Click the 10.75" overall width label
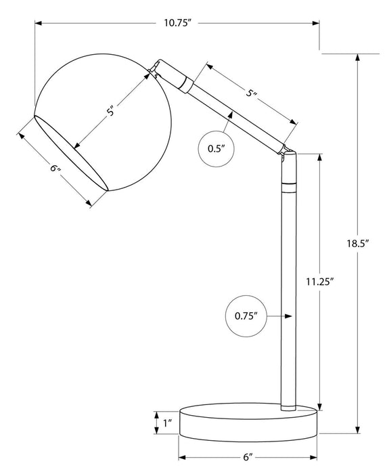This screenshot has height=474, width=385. pyautogui.click(x=178, y=24)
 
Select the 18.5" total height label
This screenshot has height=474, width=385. pyautogui.click(x=358, y=242)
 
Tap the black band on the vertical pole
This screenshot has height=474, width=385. pyautogui.click(x=289, y=184)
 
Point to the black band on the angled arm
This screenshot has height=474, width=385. pyautogui.click(x=187, y=84)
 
